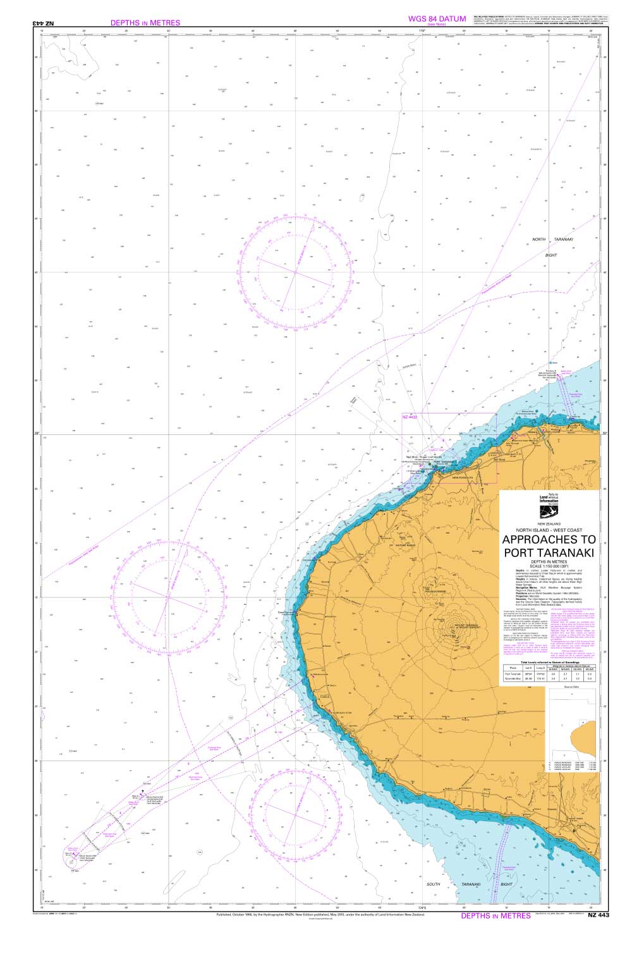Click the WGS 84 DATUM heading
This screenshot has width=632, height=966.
[437, 19]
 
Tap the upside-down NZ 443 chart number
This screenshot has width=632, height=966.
[44, 23]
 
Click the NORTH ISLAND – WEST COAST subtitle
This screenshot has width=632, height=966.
[549, 530]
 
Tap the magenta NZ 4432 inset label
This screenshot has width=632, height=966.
[410, 417]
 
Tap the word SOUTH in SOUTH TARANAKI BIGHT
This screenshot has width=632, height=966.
[433, 884]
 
